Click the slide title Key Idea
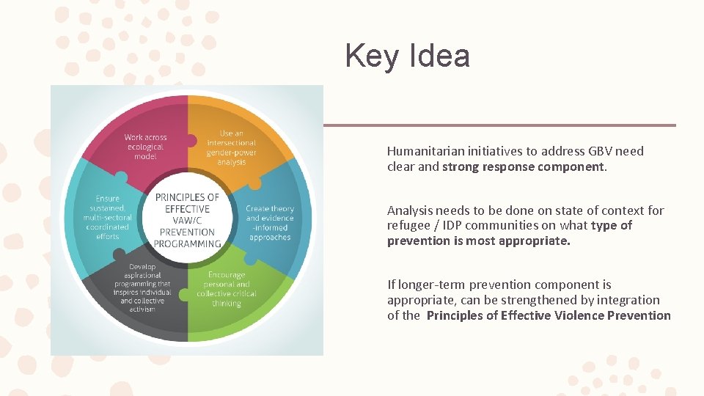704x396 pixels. point(407,56)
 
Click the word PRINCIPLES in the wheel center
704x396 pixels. point(187,197)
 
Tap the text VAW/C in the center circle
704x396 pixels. point(187,221)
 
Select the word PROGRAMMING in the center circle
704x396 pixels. point(187,243)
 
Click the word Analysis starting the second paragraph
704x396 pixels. point(409,211)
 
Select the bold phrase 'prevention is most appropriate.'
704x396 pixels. point(478,241)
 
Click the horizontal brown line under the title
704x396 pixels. point(499,125)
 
